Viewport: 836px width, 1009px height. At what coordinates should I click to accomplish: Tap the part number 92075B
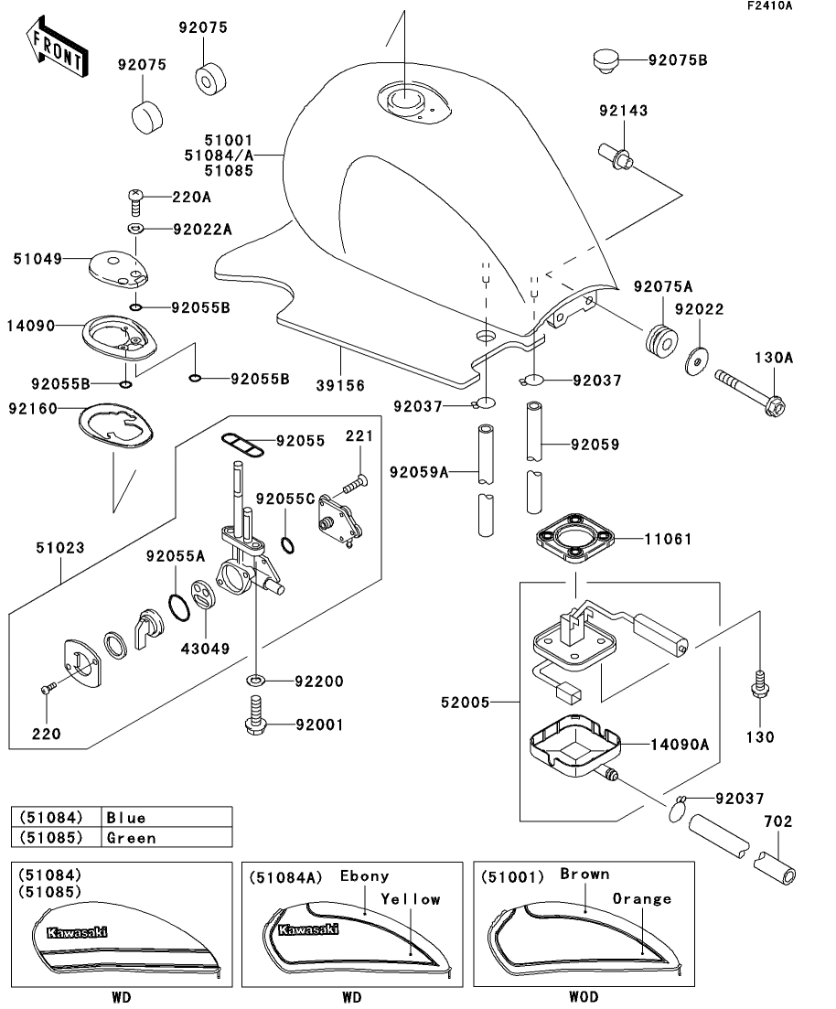click(x=677, y=61)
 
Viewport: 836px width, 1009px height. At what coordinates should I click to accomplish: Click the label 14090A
click(x=679, y=744)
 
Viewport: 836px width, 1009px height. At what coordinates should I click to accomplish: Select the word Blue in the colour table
click(x=126, y=817)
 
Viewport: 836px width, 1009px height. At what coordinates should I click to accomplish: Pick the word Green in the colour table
click(x=131, y=837)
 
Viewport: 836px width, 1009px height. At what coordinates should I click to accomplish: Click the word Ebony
click(x=364, y=875)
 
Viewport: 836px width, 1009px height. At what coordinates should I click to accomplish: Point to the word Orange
click(x=641, y=898)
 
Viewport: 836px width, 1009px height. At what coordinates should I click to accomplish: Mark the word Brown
click(x=584, y=874)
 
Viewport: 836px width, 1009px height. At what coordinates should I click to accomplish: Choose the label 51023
click(x=61, y=549)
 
